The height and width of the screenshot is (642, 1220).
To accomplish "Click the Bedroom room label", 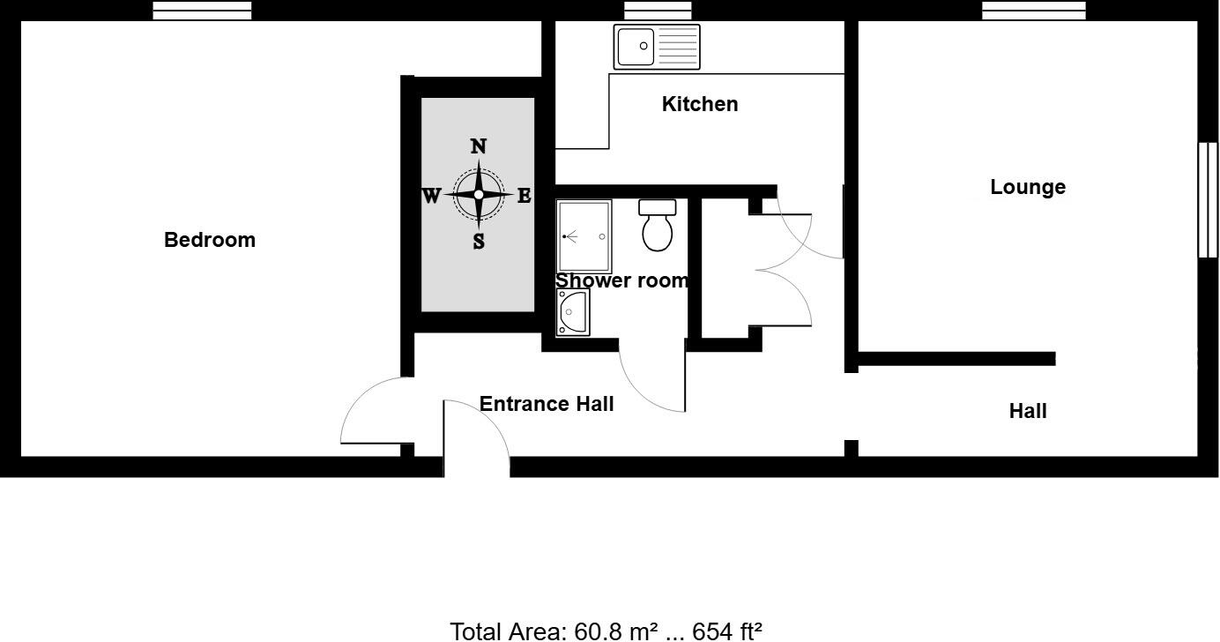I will tap(210, 240).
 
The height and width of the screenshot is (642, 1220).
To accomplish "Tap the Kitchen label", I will tap(700, 104).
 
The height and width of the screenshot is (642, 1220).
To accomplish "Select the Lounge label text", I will tap(1028, 187).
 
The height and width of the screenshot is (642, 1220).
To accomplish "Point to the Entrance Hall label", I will tap(547, 404).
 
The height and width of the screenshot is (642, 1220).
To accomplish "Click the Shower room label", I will tap(621, 280).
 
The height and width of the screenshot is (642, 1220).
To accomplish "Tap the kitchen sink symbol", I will tap(658, 47).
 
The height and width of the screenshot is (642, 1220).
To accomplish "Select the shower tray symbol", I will tap(584, 236).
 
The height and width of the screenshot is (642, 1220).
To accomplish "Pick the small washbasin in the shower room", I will tap(573, 313).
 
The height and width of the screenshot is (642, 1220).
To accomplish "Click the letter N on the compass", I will tap(479, 146).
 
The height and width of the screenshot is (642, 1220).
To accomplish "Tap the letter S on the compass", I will tap(479, 241).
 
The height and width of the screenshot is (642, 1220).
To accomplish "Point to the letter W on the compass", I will tap(431, 196).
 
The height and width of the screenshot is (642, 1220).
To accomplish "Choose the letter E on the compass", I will tap(524, 196).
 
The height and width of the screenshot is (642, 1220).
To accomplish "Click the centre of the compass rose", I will tap(479, 195).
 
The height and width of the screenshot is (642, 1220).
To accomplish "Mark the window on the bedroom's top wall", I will tap(202, 11).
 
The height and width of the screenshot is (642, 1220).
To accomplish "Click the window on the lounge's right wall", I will tap(1208, 199).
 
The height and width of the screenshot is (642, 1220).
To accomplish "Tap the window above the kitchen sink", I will tap(658, 11).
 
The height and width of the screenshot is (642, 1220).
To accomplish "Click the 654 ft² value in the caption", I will tap(727, 631).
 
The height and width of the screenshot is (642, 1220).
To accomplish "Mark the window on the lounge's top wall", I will tap(1034, 11).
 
